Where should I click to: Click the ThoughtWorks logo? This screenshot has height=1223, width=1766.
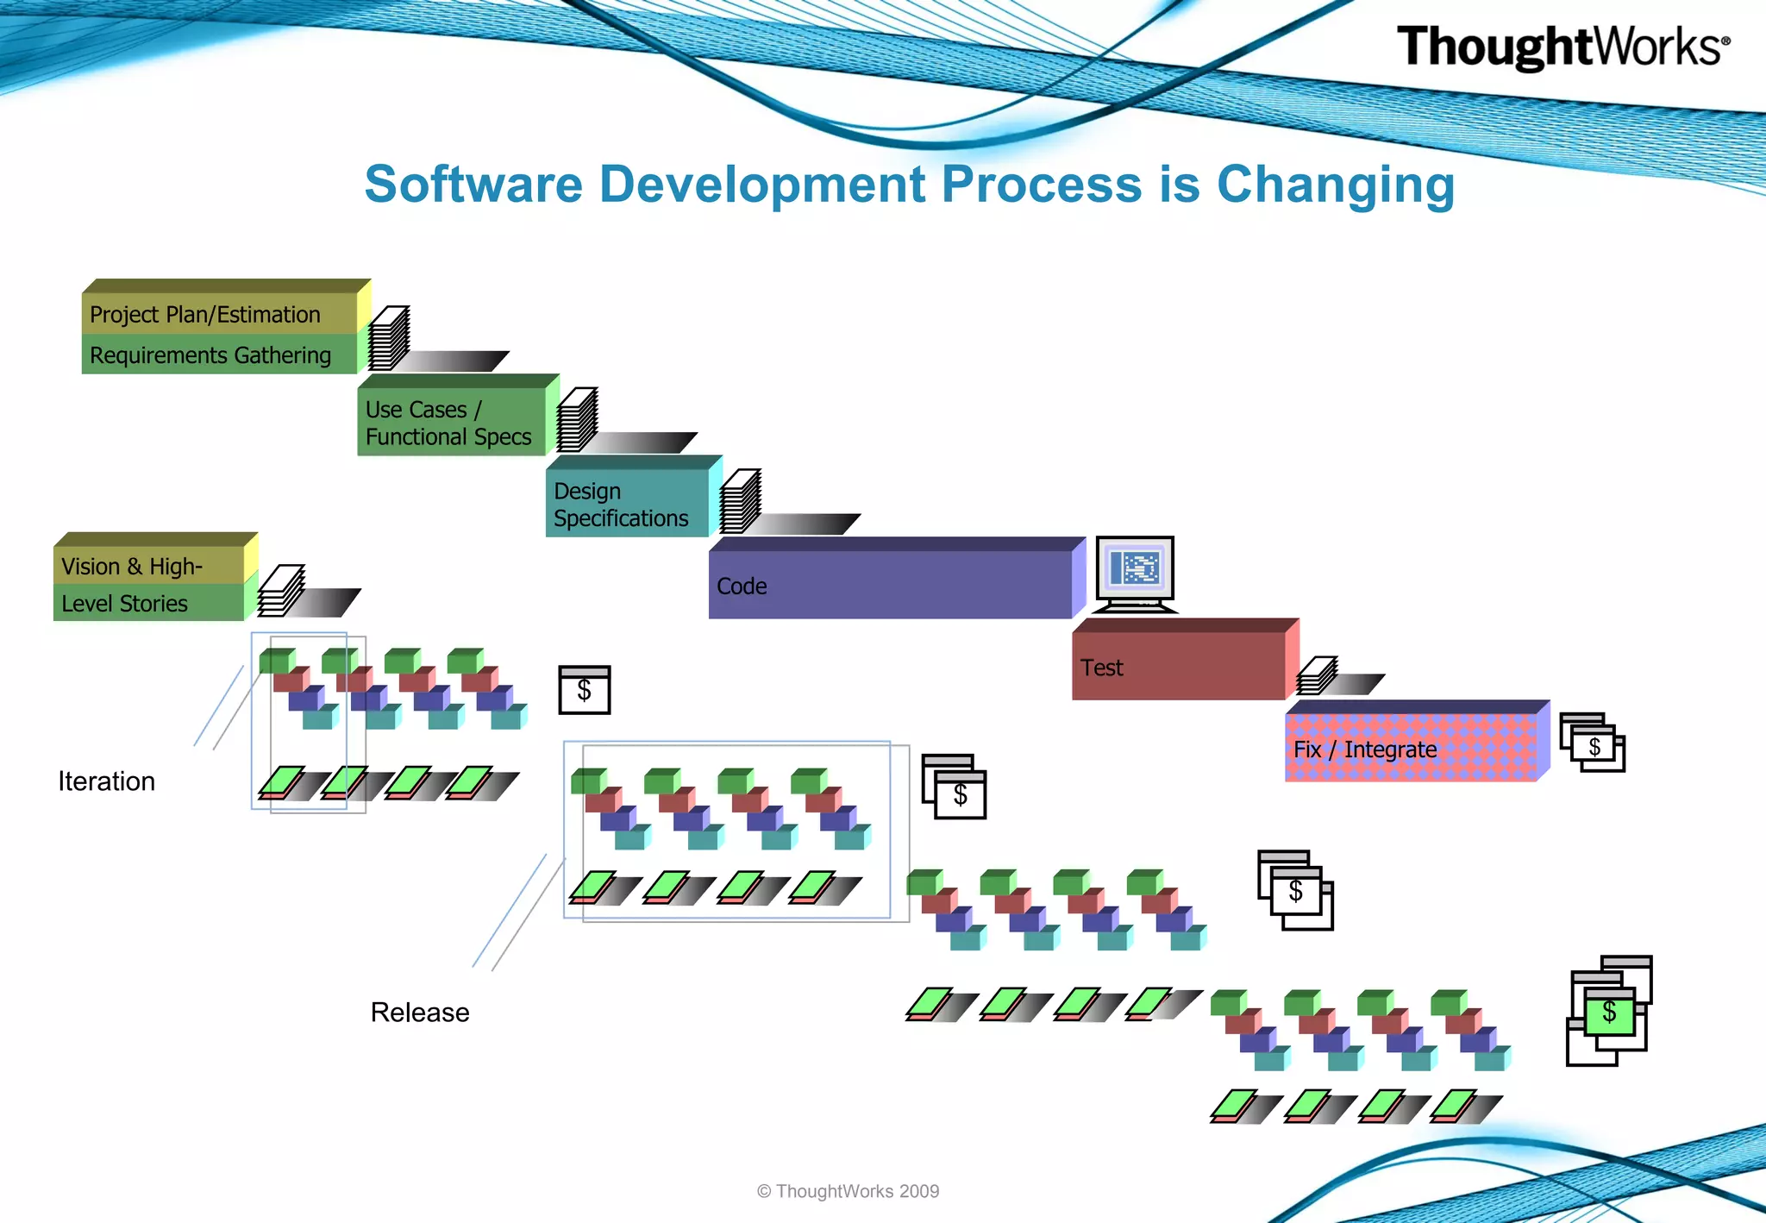tap(1562, 47)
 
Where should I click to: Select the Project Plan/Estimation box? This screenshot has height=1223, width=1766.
tap(220, 314)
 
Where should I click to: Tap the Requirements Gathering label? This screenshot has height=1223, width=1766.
tap(210, 355)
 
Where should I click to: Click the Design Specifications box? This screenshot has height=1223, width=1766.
tap(625, 504)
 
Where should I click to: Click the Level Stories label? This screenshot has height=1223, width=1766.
tap(125, 604)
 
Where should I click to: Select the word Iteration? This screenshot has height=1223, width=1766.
tap(107, 781)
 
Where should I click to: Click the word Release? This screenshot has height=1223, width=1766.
tap(420, 1013)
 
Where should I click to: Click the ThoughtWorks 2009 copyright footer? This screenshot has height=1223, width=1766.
tap(848, 1191)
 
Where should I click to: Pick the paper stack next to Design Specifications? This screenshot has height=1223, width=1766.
tap(741, 502)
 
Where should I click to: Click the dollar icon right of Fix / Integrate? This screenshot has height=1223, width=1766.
tap(1594, 743)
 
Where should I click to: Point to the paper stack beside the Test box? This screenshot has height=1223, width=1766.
tap(1317, 675)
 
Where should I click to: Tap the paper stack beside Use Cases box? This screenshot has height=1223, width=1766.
tap(577, 420)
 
